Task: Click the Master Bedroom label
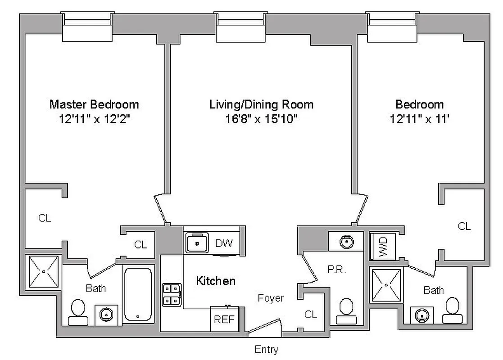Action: click(x=94, y=104)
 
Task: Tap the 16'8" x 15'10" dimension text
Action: click(x=262, y=119)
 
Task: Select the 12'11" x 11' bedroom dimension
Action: click(x=420, y=119)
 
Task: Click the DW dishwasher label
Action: click(x=224, y=243)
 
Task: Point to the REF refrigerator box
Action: click(x=223, y=319)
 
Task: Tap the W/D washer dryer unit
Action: click(x=383, y=246)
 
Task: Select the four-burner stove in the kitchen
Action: click(x=172, y=294)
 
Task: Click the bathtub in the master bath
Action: click(x=138, y=294)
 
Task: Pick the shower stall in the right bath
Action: click(x=386, y=284)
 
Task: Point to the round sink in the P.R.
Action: click(x=346, y=242)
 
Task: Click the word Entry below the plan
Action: click(x=267, y=350)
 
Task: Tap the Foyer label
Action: click(x=271, y=298)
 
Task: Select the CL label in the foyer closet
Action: click(x=311, y=315)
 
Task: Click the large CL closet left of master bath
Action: click(x=45, y=218)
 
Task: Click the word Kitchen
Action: click(x=216, y=281)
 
